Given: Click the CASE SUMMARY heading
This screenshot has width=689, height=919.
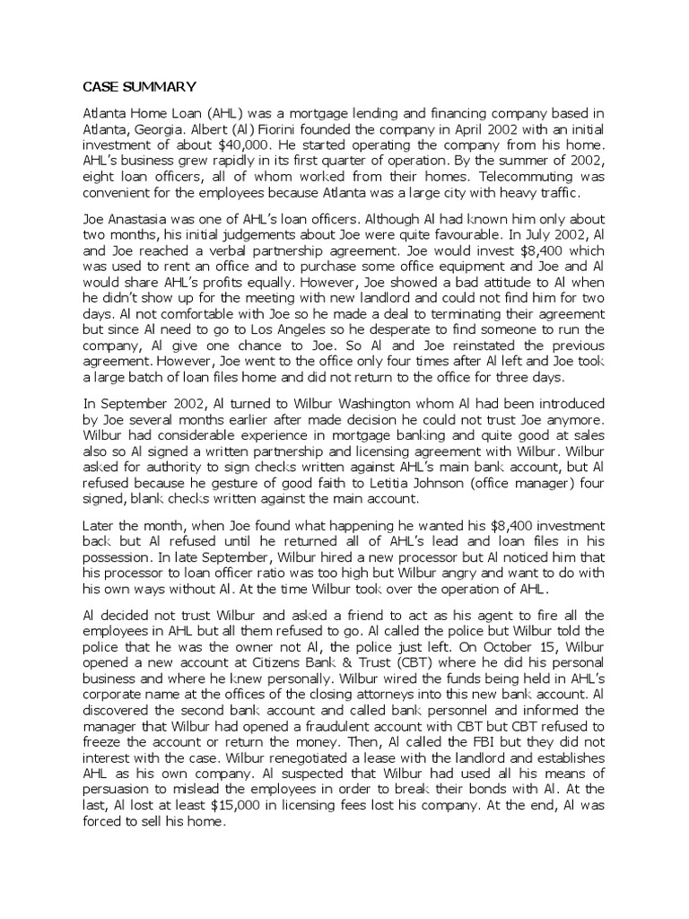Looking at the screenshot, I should coord(139,87).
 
